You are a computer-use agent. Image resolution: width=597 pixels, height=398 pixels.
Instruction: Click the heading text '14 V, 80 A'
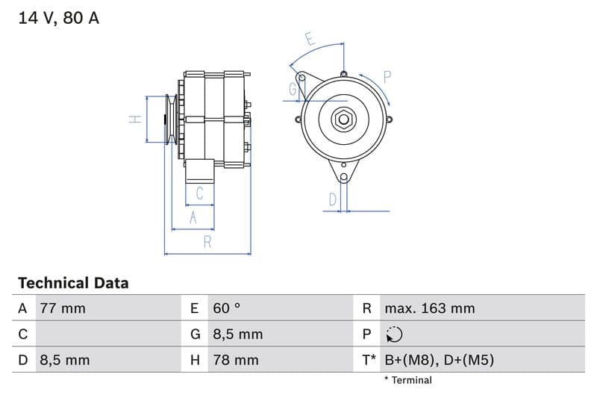coord(58,19)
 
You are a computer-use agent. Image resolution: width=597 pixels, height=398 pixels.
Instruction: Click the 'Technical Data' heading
coord(73,283)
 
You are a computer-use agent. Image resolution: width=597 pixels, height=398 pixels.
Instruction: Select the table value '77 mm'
coord(63,308)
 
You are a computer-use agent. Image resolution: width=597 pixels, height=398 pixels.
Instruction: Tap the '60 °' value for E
coord(227,308)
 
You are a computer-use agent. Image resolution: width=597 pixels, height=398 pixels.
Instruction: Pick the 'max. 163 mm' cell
coord(429,308)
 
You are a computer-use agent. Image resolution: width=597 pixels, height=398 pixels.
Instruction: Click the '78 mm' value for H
coord(236,360)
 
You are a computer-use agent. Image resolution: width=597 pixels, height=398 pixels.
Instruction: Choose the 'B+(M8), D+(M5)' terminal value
coord(439,360)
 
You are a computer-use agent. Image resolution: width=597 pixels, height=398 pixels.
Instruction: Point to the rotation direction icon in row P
coord(394,335)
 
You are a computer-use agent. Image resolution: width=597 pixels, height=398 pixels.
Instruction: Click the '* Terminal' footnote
coord(407,380)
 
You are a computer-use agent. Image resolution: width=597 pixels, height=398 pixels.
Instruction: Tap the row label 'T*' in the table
coord(369,360)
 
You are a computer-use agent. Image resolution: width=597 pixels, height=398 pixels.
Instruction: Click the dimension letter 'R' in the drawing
coord(207,241)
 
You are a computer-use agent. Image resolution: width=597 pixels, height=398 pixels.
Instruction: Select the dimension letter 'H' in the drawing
coord(135,119)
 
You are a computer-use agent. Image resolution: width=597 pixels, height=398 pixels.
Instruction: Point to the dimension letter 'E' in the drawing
coord(310,39)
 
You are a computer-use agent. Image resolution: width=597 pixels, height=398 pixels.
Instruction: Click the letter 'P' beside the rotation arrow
coord(387,76)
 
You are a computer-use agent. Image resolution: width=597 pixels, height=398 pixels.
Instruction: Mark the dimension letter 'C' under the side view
coord(199,193)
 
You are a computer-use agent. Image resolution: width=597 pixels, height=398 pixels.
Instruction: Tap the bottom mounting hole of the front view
coord(343,177)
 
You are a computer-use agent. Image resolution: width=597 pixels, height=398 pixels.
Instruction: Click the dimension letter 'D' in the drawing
coord(333,199)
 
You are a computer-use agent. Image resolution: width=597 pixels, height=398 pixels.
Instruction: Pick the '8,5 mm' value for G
coord(237,335)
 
